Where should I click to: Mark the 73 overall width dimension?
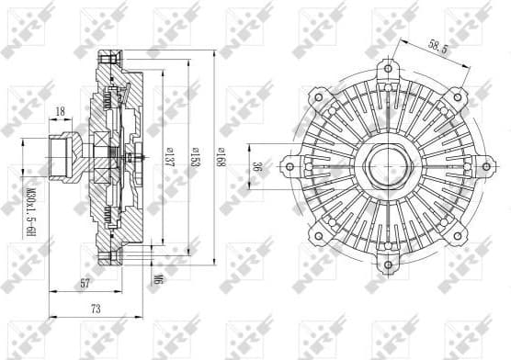tap(96, 309)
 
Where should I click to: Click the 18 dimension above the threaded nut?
tap(61, 113)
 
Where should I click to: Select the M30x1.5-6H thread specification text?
tap(29, 217)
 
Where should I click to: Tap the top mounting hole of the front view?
tap(390, 66)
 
